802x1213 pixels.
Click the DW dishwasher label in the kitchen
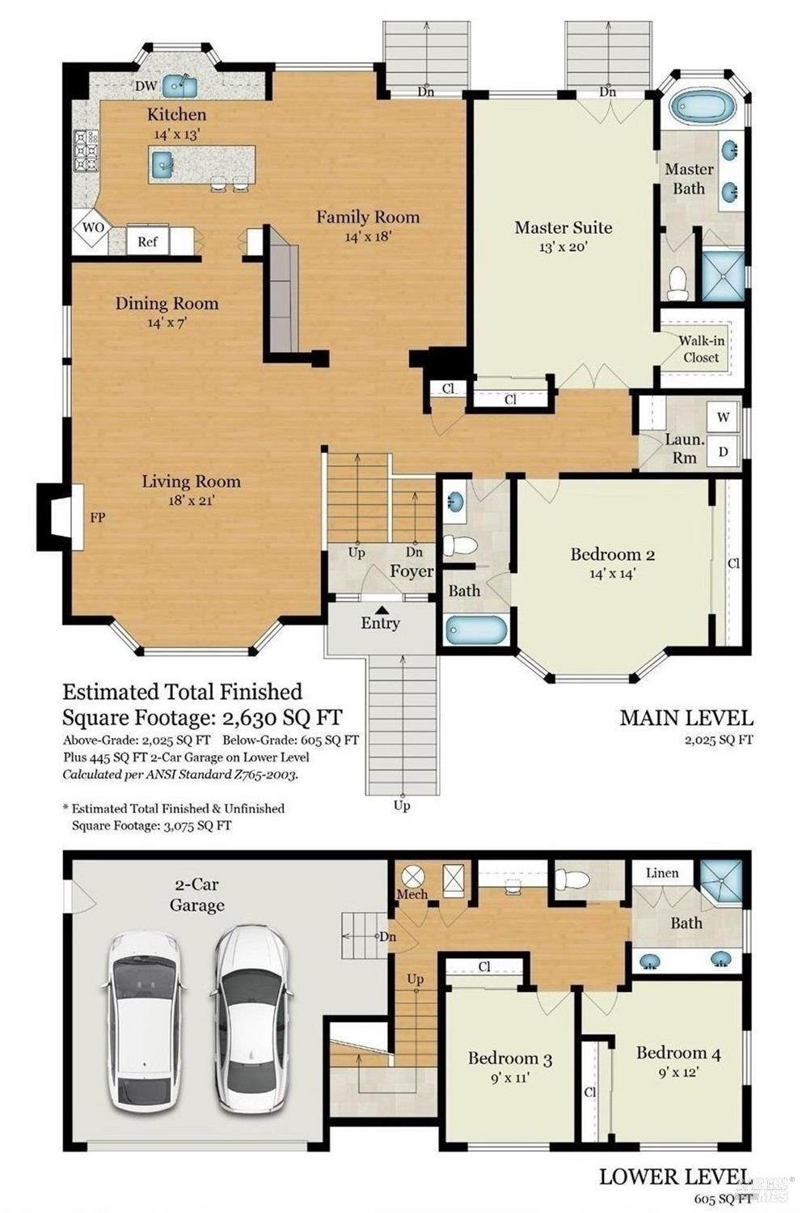[x=146, y=86]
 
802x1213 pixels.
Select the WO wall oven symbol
[x=93, y=228]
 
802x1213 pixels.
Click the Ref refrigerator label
[x=147, y=241]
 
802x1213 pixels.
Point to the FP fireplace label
[x=97, y=517]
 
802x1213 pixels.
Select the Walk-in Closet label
[x=701, y=349]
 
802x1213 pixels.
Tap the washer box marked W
[x=723, y=418]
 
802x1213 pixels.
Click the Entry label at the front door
[x=380, y=623]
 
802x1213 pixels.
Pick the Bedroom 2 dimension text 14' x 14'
[x=612, y=574]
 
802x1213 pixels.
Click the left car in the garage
[x=142, y=1019]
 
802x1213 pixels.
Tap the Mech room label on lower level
[x=412, y=894]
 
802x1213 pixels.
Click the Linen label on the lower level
[x=662, y=872]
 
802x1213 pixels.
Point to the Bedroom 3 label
[x=509, y=1058]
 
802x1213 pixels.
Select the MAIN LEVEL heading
[x=686, y=717]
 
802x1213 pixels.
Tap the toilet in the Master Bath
[x=677, y=281]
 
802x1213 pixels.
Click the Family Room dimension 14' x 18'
[x=368, y=237]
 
